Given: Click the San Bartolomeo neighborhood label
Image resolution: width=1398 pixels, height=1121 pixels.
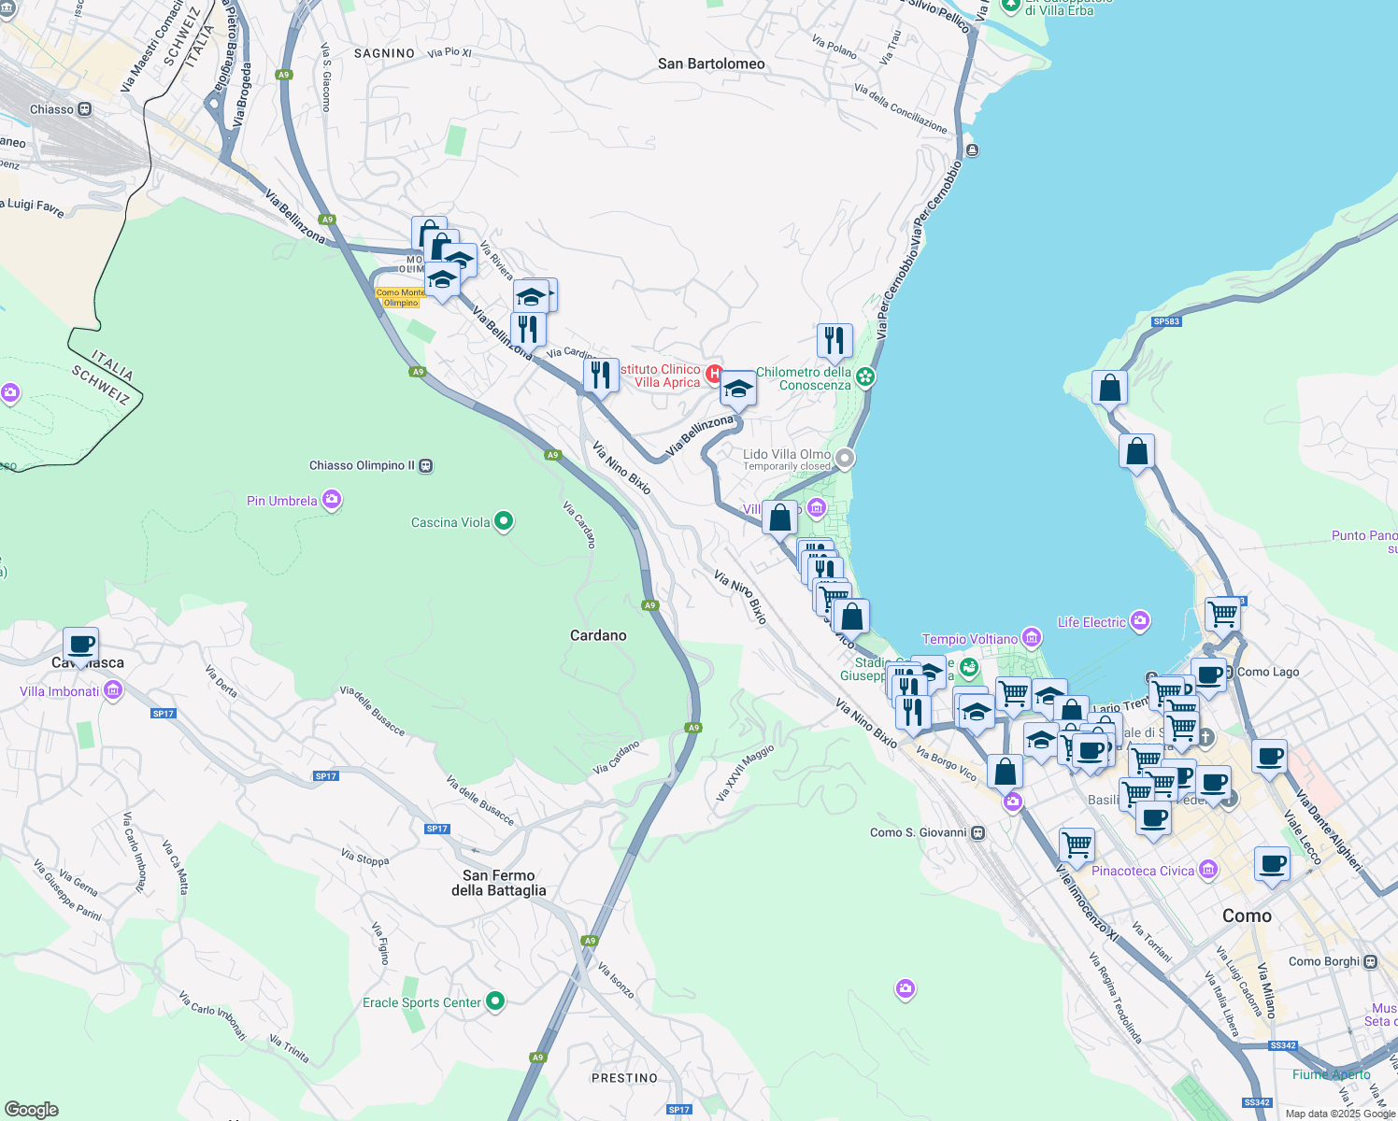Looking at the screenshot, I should [711, 64].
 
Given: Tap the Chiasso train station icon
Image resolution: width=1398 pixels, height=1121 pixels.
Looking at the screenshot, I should [85, 109].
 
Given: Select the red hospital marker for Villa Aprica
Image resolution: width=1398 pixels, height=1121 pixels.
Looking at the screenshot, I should [715, 374].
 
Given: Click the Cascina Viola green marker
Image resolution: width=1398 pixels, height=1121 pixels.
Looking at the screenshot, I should [504, 521].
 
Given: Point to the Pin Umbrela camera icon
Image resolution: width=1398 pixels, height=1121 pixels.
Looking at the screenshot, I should [332, 501].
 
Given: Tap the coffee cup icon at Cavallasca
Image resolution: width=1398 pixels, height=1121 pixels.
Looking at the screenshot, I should [81, 645].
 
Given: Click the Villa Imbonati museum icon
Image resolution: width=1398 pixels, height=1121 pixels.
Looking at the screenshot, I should [113, 690].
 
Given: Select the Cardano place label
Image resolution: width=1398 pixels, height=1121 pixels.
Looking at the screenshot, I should [598, 635].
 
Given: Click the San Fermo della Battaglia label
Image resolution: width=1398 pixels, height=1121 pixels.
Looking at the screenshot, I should [499, 883].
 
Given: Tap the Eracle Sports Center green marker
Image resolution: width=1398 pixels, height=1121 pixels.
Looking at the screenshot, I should [495, 1002].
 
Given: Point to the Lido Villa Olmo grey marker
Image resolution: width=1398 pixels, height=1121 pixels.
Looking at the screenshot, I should [845, 458].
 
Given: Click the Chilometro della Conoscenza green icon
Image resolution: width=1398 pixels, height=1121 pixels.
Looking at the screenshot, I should [865, 376].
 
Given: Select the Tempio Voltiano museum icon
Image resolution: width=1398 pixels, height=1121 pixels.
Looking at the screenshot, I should [1032, 638].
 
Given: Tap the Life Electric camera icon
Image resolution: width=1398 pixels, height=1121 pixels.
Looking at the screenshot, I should [1140, 621].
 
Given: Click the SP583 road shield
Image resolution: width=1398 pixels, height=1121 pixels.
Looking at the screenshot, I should [1166, 321].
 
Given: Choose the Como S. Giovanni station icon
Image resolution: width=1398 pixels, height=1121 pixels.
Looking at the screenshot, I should [978, 832].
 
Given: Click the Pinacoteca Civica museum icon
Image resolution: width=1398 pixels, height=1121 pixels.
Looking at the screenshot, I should [1208, 871].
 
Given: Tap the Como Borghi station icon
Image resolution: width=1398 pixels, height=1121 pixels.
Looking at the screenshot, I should [1371, 961].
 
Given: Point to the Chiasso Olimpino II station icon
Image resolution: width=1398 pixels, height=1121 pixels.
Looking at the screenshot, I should [426, 465].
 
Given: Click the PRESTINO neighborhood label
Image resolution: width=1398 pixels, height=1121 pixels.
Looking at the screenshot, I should [624, 1078].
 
